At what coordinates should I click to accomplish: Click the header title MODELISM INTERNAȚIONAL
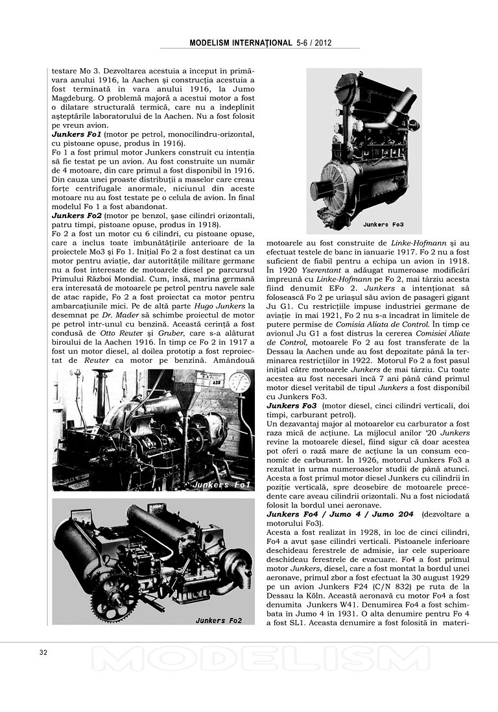[x=241, y=43]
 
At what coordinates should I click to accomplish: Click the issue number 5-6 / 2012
[x=315, y=43]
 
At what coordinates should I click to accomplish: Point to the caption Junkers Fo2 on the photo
[x=219, y=620]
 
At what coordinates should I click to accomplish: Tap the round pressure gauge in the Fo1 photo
[x=240, y=383]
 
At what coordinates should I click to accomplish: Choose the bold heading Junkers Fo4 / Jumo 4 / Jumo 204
[x=340, y=514]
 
